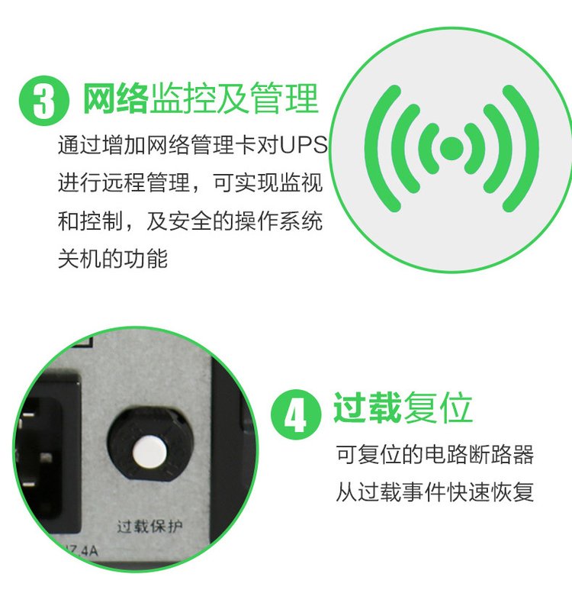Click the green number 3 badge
pyautogui.click(x=44, y=101)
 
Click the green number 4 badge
pyautogui.click(x=296, y=414)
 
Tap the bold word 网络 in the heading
pyautogui.click(x=115, y=98)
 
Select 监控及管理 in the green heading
pyautogui.click(x=234, y=98)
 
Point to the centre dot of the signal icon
pyautogui.click(x=451, y=147)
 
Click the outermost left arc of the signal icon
pyautogui.click(x=382, y=148)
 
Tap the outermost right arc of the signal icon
pyautogui.click(x=521, y=148)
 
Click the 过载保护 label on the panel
pyautogui.click(x=149, y=526)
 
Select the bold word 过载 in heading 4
pyautogui.click(x=367, y=408)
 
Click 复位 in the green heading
pyautogui.click(x=438, y=408)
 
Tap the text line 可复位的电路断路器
pyautogui.click(x=435, y=454)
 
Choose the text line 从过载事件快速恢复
pyautogui.click(x=435, y=492)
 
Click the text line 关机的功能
pyautogui.click(x=113, y=259)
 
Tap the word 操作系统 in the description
pyautogui.click(x=279, y=221)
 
